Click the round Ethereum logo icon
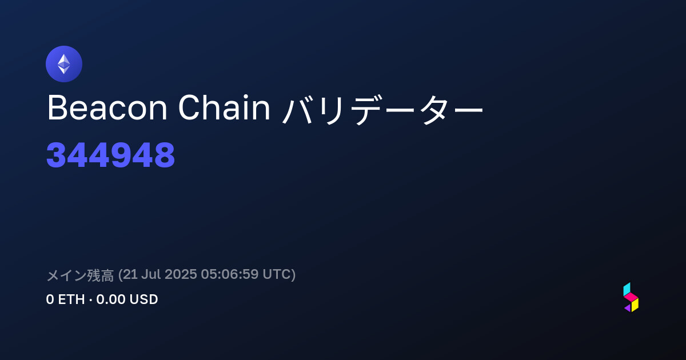[64, 64]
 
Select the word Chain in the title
[224, 107]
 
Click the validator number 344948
[110, 155]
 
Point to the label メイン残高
[80, 275]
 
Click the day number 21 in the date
[130, 274]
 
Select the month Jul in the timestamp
[151, 274]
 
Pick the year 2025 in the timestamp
[181, 274]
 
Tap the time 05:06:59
[230, 274]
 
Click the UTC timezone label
[277, 274]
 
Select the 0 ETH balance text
[65, 299]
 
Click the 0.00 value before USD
[110, 299]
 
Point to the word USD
[143, 299]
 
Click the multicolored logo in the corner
[631, 297]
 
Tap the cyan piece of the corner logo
[627, 289]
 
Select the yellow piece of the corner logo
[635, 305]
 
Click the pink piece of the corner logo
[631, 297]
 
